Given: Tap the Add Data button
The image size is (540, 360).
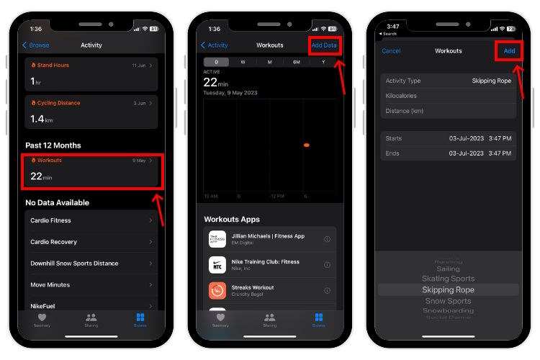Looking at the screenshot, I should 323,45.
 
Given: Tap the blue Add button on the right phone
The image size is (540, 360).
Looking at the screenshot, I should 509,51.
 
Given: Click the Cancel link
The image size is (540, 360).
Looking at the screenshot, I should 391,51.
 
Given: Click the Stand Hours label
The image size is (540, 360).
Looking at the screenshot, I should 53,66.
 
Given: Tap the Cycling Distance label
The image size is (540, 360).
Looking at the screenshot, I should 58,103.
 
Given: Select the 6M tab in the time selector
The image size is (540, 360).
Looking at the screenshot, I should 296,62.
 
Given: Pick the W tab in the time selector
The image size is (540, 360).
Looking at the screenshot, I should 243,62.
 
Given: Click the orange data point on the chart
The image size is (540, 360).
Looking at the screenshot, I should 306,145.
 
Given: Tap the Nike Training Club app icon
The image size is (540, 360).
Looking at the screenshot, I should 217,264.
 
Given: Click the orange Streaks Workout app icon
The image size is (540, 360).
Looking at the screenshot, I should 217,290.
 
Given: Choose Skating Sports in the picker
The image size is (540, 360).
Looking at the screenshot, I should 448,279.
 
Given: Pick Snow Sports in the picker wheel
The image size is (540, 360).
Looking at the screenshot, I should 448,301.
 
